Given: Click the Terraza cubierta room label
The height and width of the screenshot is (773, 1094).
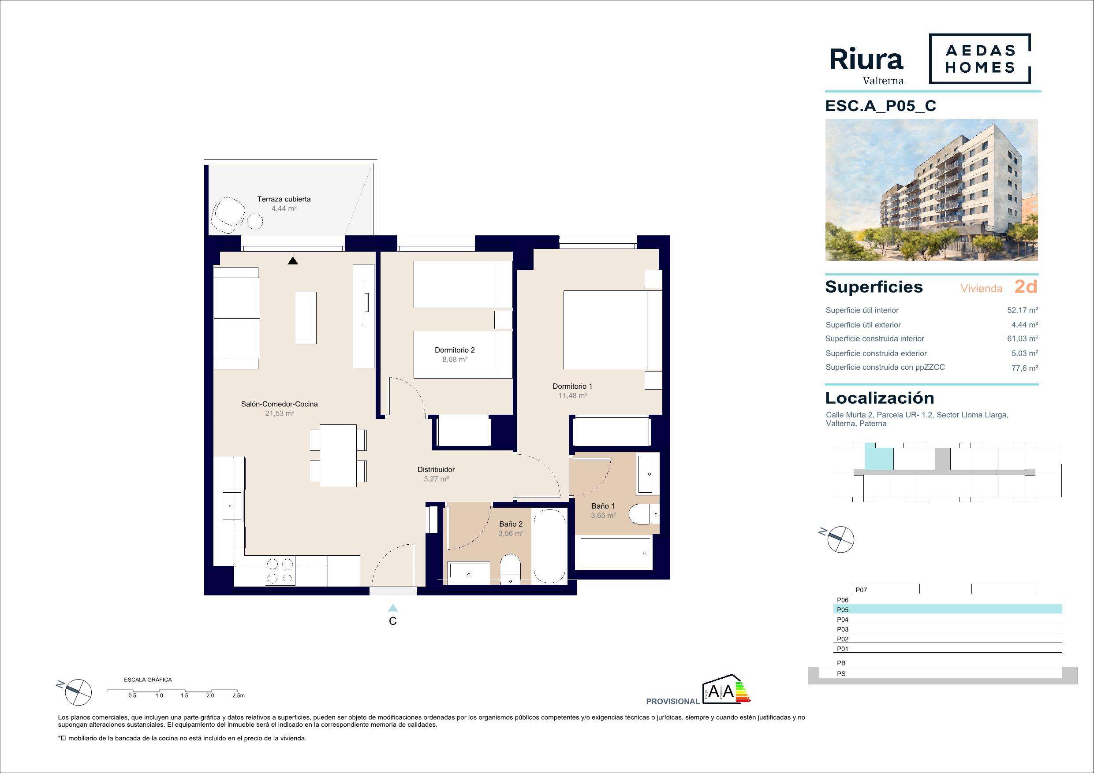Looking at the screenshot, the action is click(x=284, y=199).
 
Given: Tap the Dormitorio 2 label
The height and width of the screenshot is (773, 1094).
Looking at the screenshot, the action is click(x=455, y=350).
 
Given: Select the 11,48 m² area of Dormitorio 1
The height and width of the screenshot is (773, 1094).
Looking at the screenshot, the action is click(x=572, y=395).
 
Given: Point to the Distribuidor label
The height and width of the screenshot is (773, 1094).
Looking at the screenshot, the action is click(x=436, y=470).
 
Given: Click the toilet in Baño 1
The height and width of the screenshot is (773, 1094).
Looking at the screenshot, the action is click(x=644, y=514).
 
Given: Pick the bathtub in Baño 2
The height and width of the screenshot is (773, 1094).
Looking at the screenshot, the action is click(x=550, y=546).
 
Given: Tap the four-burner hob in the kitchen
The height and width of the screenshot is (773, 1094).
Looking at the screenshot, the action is click(x=279, y=571).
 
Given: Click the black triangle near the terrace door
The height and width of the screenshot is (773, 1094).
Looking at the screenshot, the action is click(x=292, y=260).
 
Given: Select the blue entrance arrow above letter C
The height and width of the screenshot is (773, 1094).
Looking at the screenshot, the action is click(x=392, y=608).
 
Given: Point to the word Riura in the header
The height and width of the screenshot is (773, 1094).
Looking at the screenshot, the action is click(x=866, y=59).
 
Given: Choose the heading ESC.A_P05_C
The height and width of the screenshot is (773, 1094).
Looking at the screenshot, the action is click(x=881, y=106).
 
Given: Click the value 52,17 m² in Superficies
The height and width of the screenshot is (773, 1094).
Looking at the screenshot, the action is click(x=1023, y=310).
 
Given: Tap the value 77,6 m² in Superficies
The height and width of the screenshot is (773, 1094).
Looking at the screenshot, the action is click(x=1025, y=368).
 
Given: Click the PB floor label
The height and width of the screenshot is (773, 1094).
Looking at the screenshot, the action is click(x=841, y=663).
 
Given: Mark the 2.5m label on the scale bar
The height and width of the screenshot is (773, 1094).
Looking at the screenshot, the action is click(x=238, y=695).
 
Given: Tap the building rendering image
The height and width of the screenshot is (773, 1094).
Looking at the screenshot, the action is click(x=932, y=190).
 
